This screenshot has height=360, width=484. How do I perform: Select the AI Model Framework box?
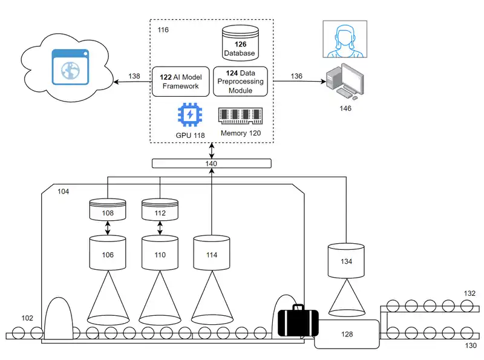click(180, 82)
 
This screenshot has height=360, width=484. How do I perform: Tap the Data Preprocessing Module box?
click(240, 82)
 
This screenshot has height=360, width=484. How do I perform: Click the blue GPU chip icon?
click(190, 115)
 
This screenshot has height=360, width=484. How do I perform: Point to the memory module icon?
click(240, 115)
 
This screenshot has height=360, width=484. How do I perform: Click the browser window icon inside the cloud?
click(71, 66)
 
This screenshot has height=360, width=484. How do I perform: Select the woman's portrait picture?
click(345, 39)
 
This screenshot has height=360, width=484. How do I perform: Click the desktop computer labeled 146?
click(345, 82)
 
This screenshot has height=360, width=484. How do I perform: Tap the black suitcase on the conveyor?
click(298, 321)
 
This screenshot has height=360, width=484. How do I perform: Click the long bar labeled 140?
click(211, 163)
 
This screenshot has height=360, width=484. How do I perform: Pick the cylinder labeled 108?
click(107, 210)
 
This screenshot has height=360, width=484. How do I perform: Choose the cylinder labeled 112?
click(159, 210)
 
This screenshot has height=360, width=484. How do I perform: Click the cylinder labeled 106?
click(107, 254)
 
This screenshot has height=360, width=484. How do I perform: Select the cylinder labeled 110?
click(159, 254)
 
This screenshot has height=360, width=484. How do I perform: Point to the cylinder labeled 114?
click(211, 254)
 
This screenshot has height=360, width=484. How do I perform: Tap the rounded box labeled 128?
click(347, 334)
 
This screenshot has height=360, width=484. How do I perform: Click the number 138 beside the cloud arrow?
click(134, 76)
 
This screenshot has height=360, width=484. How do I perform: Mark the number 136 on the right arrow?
click(296, 76)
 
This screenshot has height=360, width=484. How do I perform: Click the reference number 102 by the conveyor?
click(27, 318)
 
